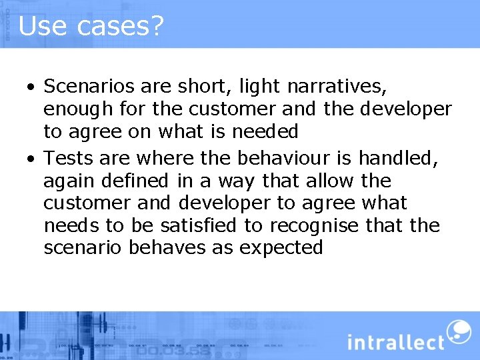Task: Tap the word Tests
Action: click(69, 158)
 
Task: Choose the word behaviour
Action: click(277, 158)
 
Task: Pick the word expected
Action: click(281, 248)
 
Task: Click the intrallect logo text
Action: click(395, 341)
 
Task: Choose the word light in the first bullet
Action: click(251, 86)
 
